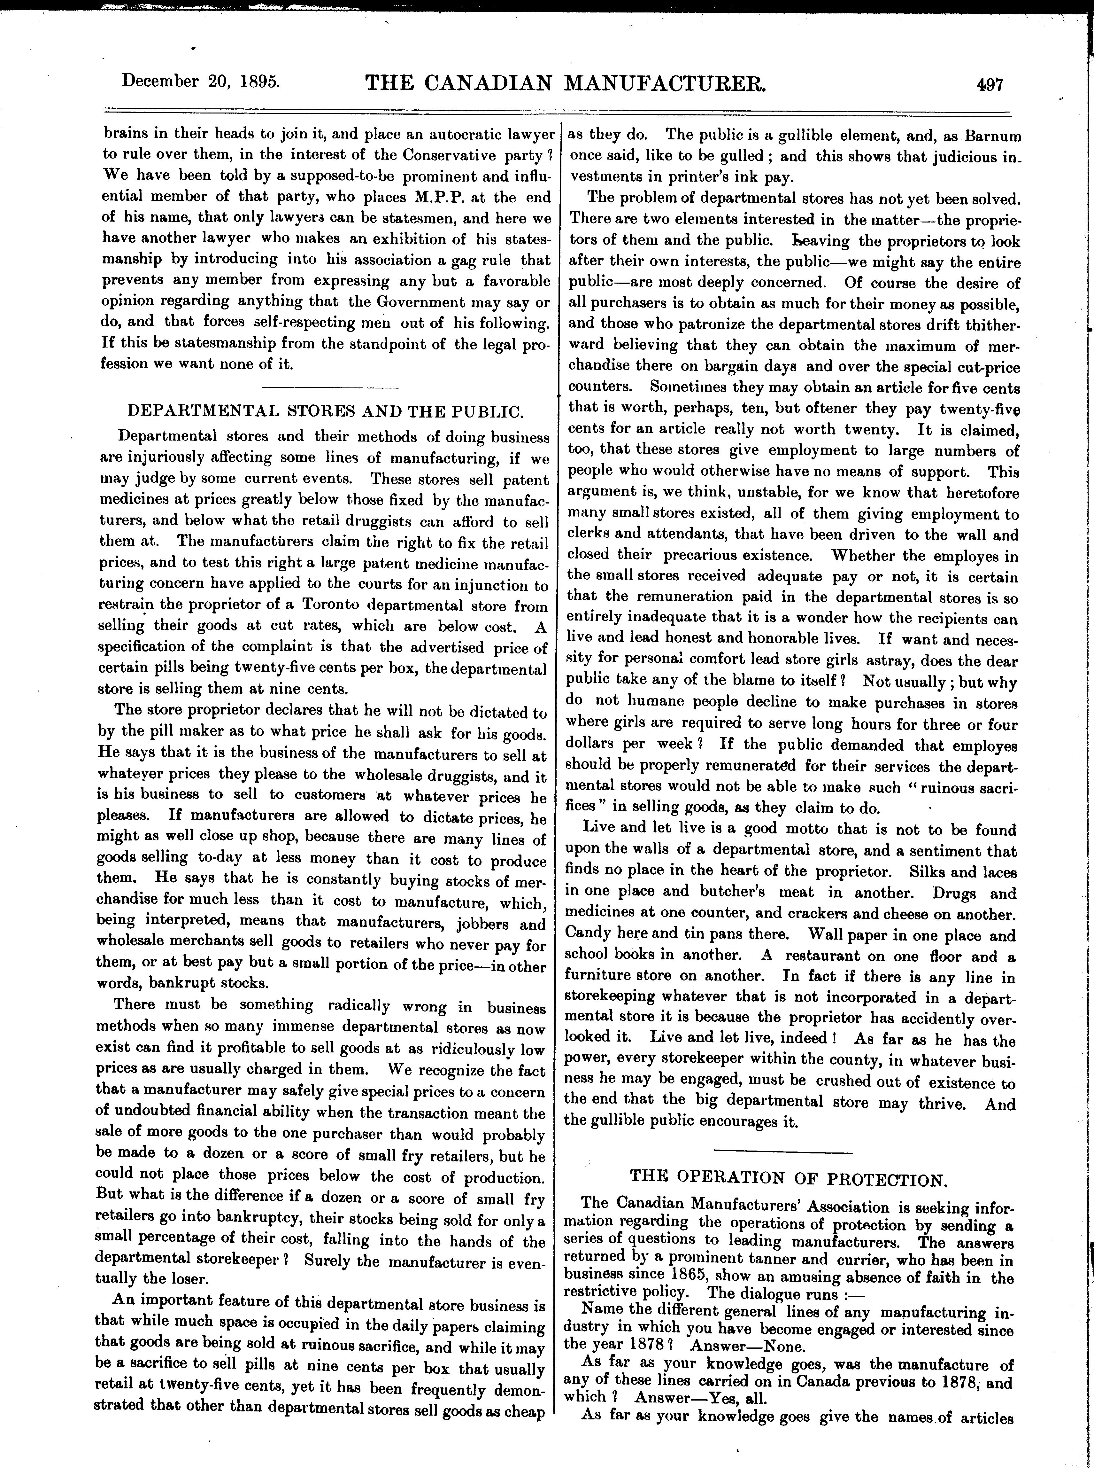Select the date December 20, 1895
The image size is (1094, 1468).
201,82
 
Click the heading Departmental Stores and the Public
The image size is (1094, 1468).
325,411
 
